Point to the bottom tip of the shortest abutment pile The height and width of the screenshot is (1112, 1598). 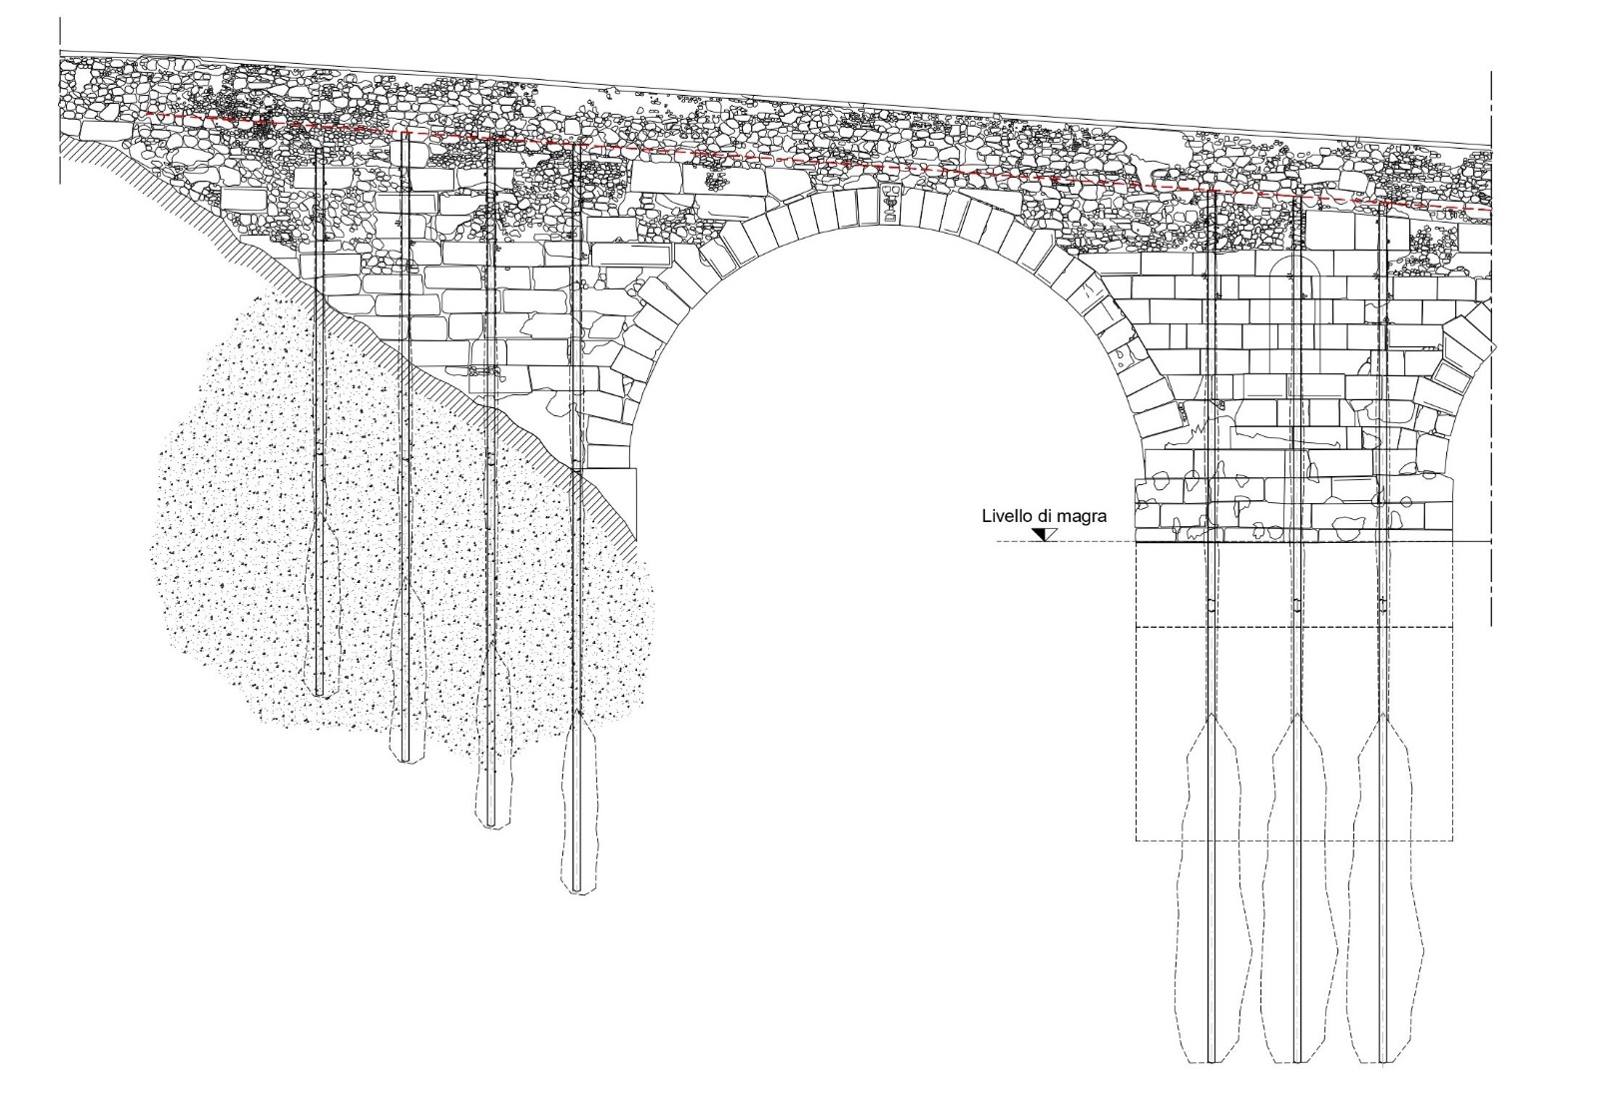(x=320, y=696)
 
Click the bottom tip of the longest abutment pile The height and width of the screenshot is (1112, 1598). (x=575, y=890)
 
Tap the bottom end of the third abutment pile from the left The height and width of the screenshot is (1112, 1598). (x=489, y=826)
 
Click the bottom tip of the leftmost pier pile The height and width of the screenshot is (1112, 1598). (x=1211, y=1061)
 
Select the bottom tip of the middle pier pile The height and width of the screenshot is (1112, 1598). (x=1296, y=1061)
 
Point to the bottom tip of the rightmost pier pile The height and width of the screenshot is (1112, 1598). (x=1383, y=1061)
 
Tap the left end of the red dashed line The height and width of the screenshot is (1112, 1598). (x=146, y=115)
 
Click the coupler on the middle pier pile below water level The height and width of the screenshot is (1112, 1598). (x=1296, y=606)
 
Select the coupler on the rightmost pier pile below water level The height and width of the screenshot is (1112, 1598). (x=1383, y=606)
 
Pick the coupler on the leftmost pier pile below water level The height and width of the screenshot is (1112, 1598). (x=1211, y=606)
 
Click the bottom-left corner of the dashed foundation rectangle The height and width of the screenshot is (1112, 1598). (x=1137, y=840)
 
